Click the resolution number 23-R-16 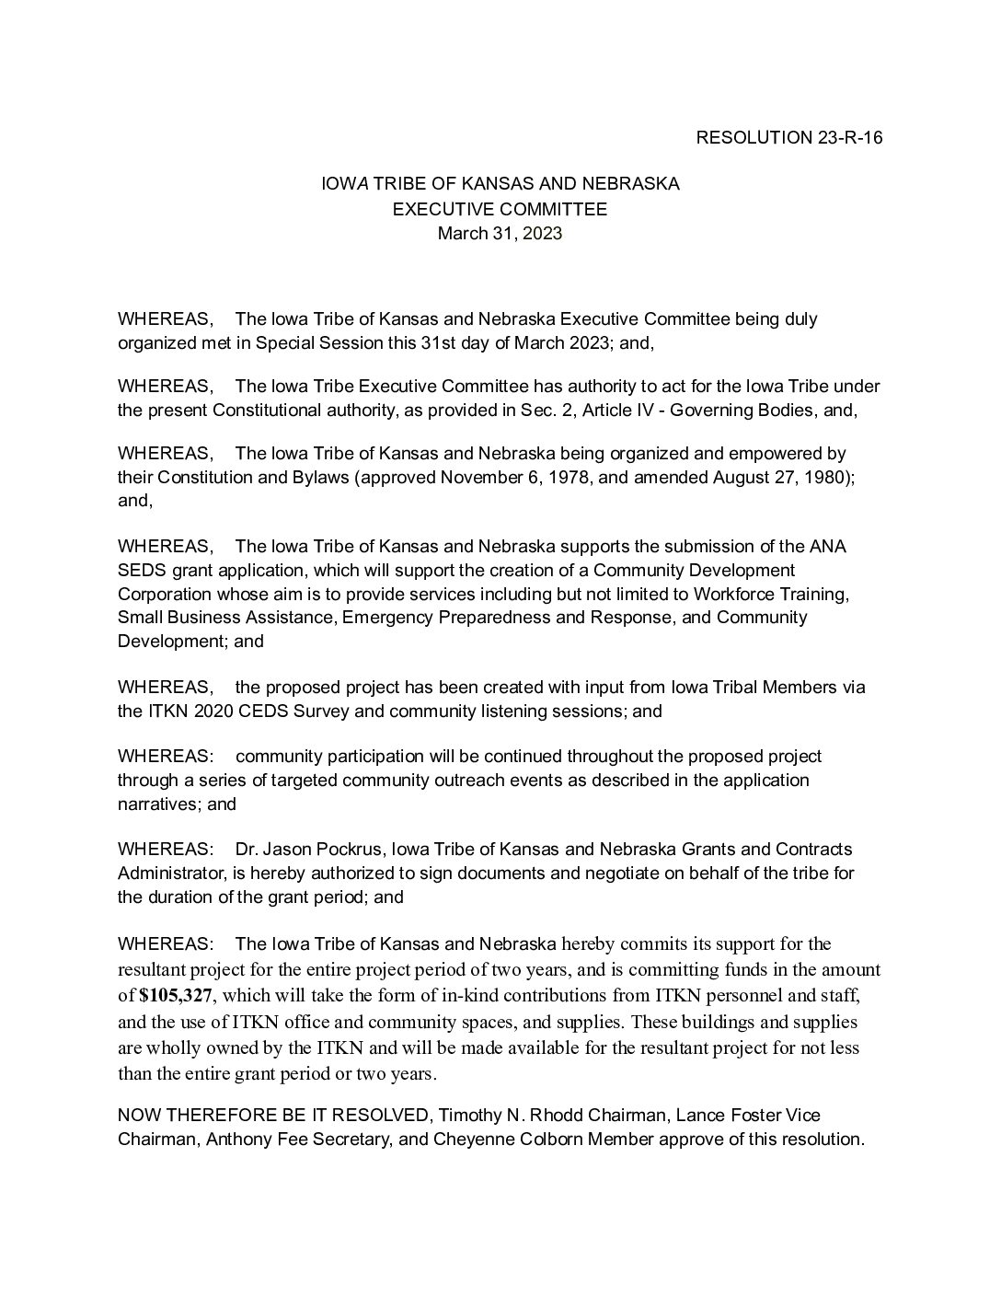pyautogui.click(x=849, y=138)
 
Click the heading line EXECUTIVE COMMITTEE pyautogui.click(x=500, y=209)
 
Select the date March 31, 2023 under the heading pyautogui.click(x=500, y=234)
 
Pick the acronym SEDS pyautogui.click(x=139, y=570)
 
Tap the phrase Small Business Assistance pyautogui.click(x=224, y=617)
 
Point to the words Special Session pyautogui.click(x=318, y=342)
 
